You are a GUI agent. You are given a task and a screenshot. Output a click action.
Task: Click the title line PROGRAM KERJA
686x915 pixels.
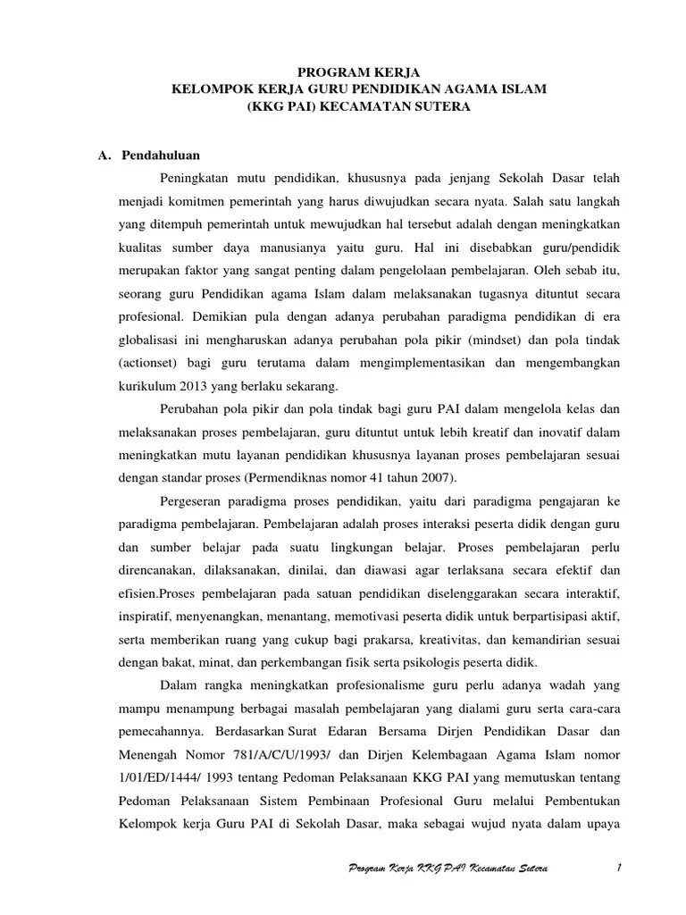(x=342, y=72)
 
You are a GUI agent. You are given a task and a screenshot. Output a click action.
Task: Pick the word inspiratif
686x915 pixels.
(x=145, y=617)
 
